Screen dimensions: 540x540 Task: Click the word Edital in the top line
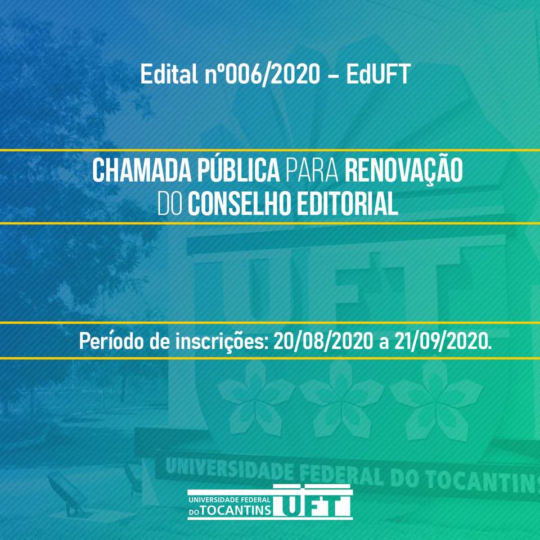[169, 74]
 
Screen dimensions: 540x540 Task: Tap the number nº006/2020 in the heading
[263, 74]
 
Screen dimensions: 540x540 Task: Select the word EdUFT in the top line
[378, 74]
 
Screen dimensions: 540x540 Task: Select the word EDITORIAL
[348, 204]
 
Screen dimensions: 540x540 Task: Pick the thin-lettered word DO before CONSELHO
[169, 204]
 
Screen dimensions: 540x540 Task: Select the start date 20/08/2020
[323, 341]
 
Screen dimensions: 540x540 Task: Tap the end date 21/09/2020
[443, 341]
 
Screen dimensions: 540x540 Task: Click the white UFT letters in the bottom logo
[313, 501]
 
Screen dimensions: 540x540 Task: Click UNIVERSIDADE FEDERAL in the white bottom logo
[229, 499]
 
